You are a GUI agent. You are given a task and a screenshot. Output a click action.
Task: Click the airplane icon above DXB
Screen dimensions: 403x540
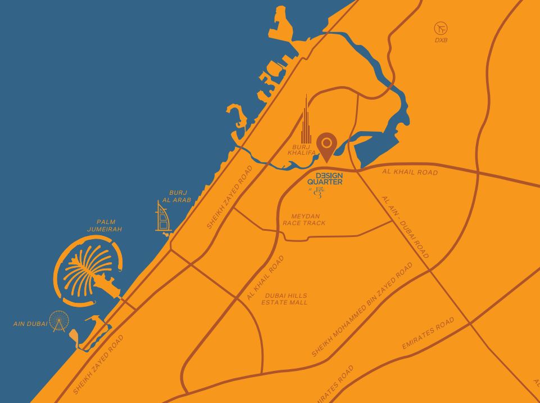441,28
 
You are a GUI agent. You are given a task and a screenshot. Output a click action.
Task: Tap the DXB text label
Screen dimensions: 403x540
441,41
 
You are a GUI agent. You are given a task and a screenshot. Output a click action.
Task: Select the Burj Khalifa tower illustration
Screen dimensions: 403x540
306,121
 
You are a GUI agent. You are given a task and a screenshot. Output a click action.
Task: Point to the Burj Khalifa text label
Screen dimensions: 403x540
300,150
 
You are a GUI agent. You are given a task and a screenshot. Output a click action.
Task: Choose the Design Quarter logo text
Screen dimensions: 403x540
325,178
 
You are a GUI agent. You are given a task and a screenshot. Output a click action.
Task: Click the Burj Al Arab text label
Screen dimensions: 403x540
177,196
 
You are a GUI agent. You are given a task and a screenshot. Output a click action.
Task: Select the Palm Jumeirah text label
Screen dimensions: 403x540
105,226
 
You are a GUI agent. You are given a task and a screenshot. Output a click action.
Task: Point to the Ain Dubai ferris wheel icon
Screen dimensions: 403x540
58,321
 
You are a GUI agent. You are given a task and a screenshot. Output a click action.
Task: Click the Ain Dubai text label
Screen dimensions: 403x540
30,324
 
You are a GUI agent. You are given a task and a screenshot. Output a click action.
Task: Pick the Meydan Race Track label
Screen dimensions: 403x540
303,220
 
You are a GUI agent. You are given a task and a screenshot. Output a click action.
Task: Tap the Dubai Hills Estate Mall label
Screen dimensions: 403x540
285,299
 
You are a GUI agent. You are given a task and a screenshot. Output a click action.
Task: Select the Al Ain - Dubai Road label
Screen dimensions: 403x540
405,227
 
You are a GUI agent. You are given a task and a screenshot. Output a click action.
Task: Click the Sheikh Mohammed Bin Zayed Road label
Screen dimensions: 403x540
362,310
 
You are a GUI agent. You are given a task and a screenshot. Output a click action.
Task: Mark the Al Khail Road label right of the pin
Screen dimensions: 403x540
410,172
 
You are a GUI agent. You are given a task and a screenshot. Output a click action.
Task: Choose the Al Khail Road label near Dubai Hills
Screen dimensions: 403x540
265,278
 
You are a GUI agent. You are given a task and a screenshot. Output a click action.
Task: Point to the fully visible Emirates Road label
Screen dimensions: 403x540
428,333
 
